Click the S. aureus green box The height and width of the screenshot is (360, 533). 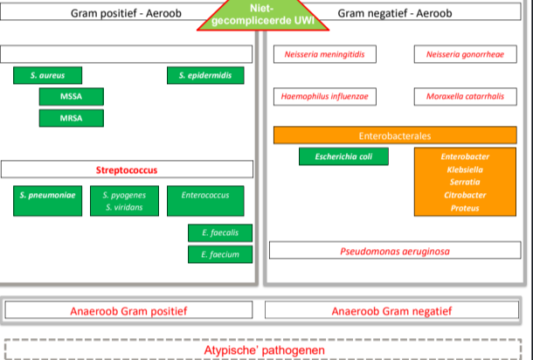(42, 75)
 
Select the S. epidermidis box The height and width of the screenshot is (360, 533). (204, 75)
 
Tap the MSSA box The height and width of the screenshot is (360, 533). (71, 96)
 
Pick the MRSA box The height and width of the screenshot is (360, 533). (71, 117)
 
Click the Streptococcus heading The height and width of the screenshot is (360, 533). (127, 170)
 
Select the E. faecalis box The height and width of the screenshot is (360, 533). (220, 232)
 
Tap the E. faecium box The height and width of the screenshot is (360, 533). (220, 254)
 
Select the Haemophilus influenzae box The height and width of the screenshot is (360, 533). (324, 96)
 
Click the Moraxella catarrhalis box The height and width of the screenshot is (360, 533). (465, 96)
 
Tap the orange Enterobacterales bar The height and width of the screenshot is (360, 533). (395, 135)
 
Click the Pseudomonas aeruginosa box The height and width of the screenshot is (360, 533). (395, 251)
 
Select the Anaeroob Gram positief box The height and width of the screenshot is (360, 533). (130, 310)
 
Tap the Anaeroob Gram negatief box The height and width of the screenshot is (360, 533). (392, 310)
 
